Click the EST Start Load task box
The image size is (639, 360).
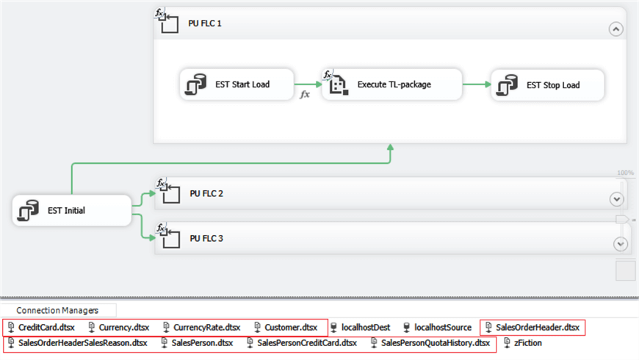(236, 84)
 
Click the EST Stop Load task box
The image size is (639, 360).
(547, 85)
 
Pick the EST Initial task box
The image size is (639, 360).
(71, 211)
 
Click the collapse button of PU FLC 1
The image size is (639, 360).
(615, 29)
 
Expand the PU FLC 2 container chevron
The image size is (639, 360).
(615, 199)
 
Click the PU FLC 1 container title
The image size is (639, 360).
(205, 24)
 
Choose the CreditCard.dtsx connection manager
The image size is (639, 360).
(46, 327)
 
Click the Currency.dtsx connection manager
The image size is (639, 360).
(123, 327)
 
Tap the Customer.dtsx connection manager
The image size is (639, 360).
(291, 327)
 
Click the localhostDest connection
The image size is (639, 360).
(365, 327)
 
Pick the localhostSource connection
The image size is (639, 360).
(442, 327)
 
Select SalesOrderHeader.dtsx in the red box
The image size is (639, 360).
(537, 327)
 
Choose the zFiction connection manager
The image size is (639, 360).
(527, 342)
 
